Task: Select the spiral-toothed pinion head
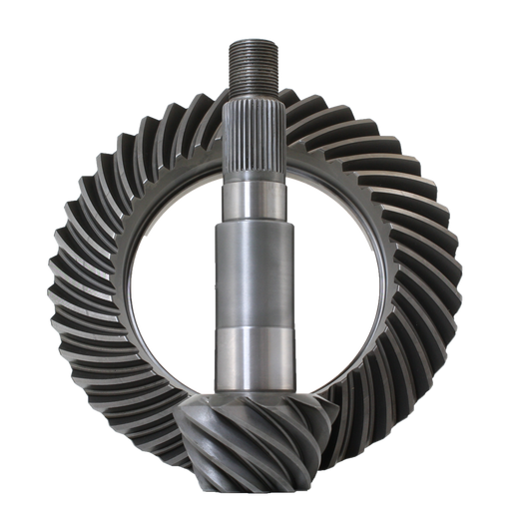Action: tap(262, 439)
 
